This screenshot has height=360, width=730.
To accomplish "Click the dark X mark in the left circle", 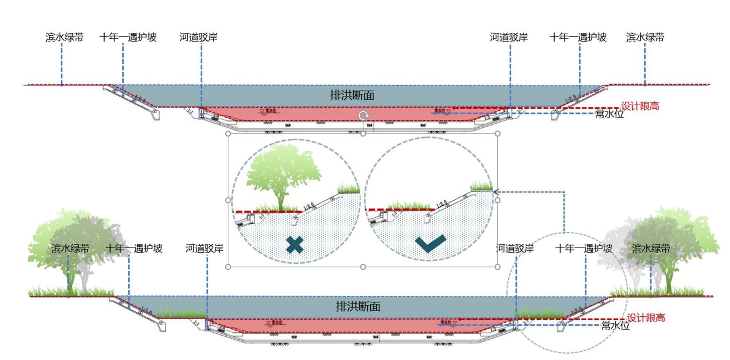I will (x=295, y=245).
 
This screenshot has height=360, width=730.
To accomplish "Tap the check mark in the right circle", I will (x=430, y=243).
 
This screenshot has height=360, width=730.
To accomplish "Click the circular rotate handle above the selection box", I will (x=363, y=115).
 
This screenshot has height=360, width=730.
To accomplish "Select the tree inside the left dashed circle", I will (x=283, y=175).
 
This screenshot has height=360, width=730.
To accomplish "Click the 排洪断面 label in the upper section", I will (x=352, y=95).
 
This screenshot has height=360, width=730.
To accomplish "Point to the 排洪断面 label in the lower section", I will (x=358, y=306).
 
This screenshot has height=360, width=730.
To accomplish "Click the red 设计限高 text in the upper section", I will (x=640, y=106).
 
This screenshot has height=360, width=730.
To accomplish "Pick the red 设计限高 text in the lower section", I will (x=646, y=318).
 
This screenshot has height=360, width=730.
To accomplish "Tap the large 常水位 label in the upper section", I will (x=609, y=114).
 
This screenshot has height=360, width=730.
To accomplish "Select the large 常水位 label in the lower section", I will (x=615, y=326).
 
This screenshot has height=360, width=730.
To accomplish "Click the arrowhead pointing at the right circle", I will (x=496, y=192).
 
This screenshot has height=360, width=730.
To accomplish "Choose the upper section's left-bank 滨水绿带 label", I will (x=64, y=37).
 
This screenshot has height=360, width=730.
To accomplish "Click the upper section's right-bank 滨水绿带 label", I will (x=645, y=37).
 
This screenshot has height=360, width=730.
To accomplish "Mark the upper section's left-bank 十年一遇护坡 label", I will (x=128, y=37).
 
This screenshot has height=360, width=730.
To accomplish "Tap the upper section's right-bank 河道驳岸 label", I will (x=509, y=37).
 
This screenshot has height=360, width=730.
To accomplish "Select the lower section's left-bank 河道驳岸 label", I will (x=204, y=249).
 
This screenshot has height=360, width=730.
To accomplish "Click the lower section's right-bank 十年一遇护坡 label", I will (x=584, y=249).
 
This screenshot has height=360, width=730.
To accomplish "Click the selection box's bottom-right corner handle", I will (x=497, y=267).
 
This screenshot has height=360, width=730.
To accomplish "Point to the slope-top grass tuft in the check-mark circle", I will (x=481, y=186).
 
